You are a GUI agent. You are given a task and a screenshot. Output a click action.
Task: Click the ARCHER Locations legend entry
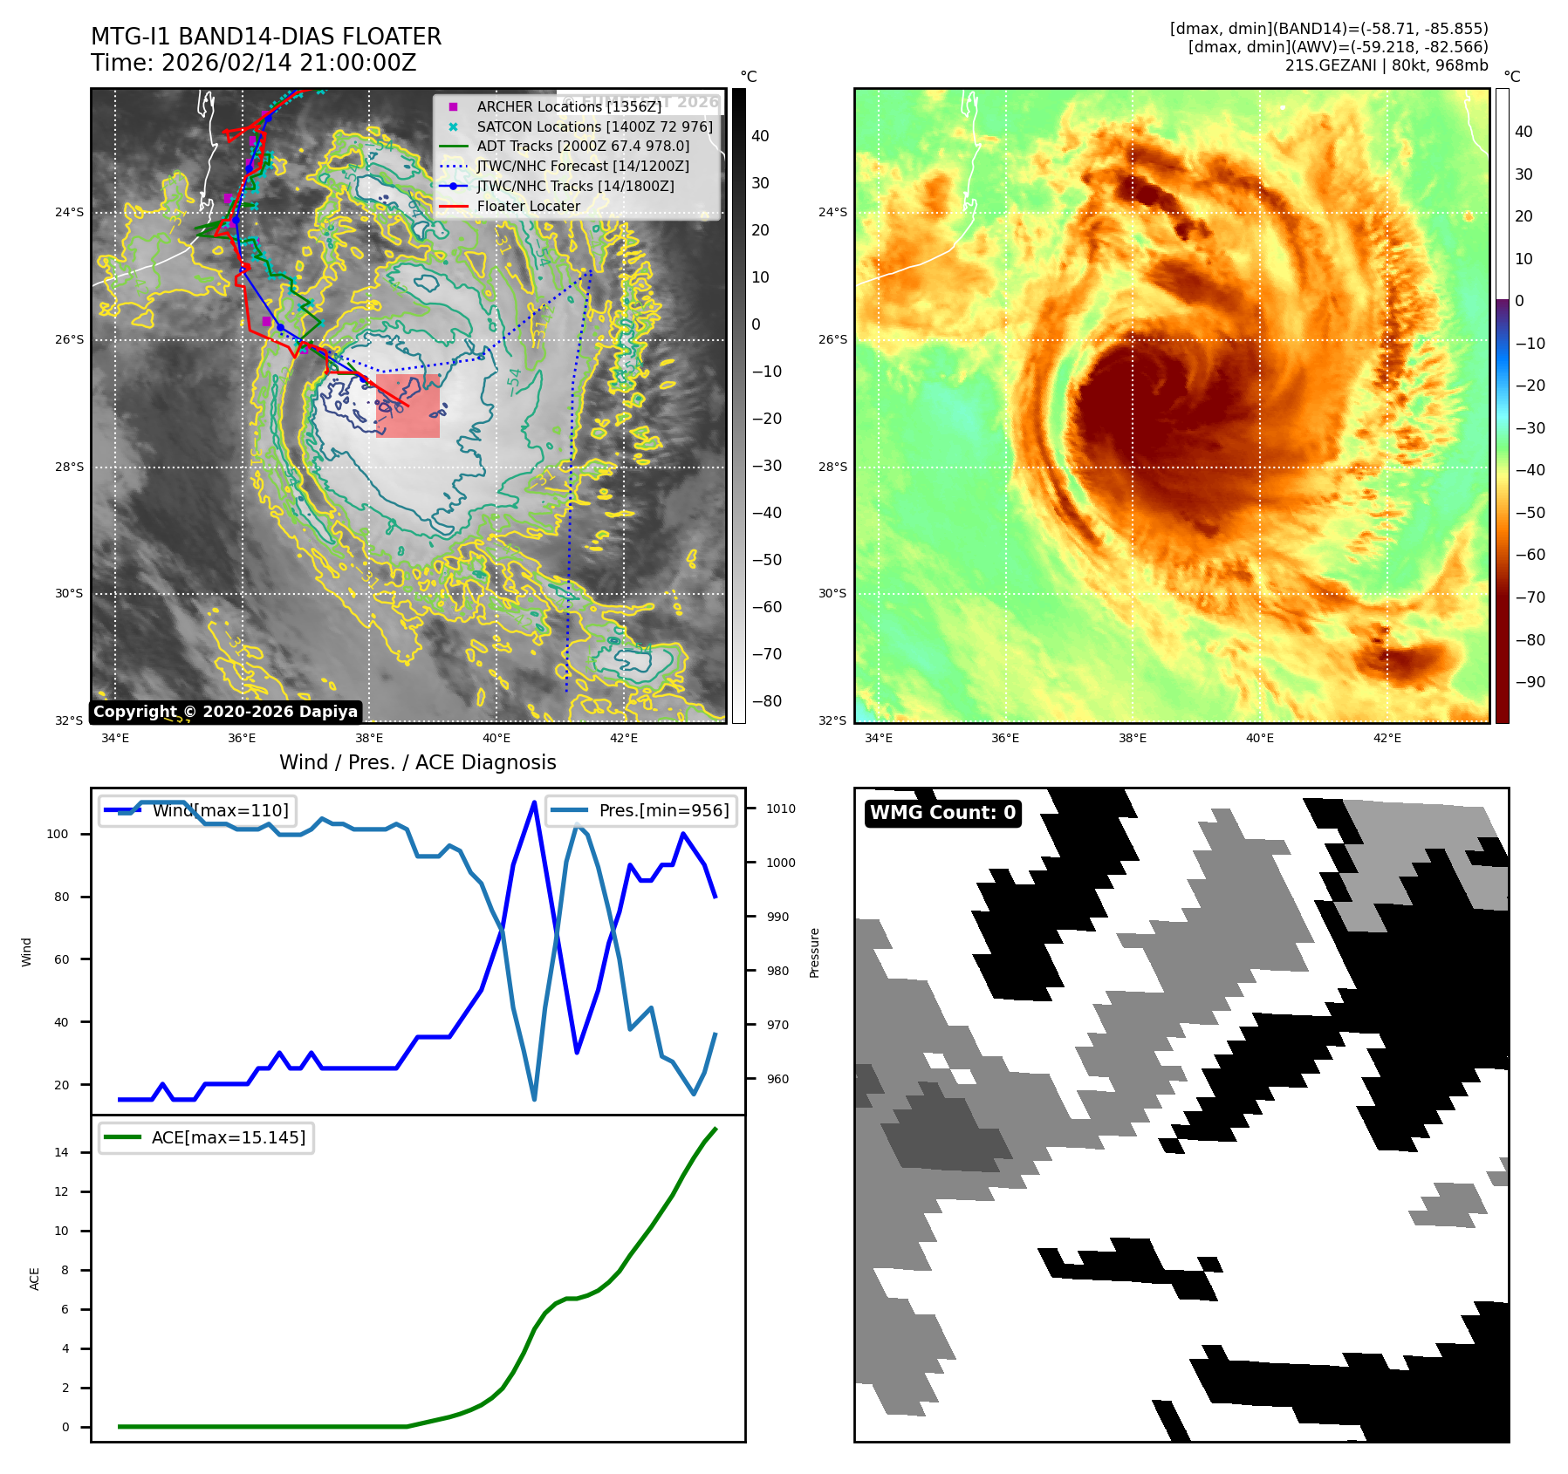568,106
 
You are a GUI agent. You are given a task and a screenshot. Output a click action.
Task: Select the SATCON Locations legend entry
593,126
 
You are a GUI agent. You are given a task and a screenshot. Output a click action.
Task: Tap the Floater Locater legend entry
528,206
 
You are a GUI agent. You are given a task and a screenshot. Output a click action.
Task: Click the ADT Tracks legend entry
582,147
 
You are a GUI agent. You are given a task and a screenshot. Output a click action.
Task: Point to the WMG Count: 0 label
942,813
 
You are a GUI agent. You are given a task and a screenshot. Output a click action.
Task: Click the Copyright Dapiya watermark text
225,712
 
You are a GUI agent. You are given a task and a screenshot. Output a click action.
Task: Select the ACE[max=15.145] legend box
207,1137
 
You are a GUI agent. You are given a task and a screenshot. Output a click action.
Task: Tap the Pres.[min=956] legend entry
642,810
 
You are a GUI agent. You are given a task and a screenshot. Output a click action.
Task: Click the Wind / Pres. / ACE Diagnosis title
417,762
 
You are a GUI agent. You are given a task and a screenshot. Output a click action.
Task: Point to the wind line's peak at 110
534,802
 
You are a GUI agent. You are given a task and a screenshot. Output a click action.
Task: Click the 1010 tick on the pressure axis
780,809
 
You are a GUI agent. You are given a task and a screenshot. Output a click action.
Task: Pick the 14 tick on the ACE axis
62,1152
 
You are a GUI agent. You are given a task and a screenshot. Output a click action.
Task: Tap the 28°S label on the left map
70,467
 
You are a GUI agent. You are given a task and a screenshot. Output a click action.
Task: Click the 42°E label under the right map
1387,738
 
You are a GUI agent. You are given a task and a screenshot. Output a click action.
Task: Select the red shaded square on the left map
407,406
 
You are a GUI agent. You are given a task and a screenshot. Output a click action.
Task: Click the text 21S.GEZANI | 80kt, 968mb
1386,65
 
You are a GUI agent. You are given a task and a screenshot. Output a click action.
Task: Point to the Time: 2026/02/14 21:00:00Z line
253,63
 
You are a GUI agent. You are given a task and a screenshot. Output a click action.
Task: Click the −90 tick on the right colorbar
1530,682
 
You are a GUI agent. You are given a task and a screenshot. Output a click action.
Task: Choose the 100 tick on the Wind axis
58,834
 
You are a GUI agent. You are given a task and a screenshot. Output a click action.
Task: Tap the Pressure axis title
814,952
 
